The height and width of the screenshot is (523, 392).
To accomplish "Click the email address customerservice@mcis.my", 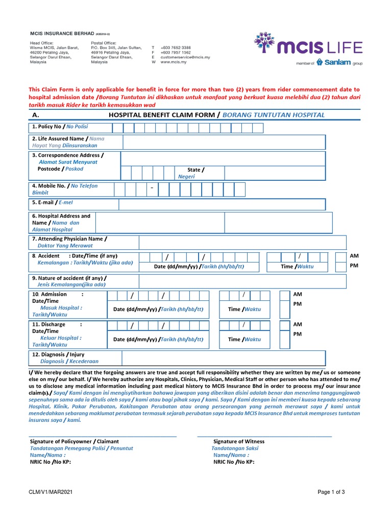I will pos(185,57).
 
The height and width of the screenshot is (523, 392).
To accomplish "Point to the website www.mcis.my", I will pos(173,62).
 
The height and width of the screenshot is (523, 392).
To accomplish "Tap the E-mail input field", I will pos(222,204).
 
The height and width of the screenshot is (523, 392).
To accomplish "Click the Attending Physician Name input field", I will pos(242,243).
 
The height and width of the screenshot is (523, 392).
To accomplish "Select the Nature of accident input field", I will pos(242,281).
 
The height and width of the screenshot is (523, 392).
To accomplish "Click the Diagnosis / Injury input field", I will pos(223,358).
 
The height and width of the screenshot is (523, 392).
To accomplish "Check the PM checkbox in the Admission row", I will pos(284,307).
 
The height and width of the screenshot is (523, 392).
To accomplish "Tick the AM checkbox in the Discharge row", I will pos(284,325).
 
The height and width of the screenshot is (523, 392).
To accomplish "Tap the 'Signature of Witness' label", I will pos(238,441).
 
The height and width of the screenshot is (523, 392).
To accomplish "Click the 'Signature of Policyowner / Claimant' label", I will pos(74,441).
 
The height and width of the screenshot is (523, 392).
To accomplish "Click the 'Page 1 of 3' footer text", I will pos(331,492).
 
